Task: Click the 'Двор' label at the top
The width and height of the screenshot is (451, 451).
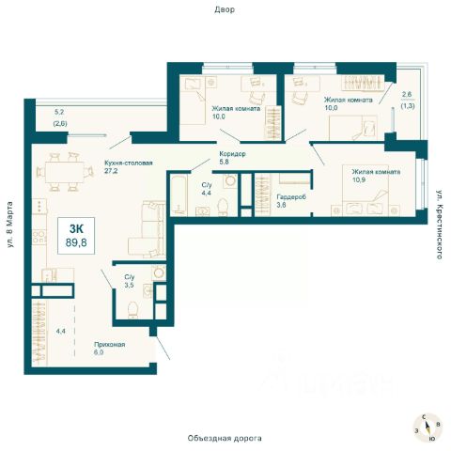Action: (225, 9)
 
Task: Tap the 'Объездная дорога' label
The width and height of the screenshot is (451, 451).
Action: (225, 438)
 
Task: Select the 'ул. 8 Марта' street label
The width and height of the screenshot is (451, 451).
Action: (10, 225)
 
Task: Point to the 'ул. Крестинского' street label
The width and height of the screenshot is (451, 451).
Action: (440, 225)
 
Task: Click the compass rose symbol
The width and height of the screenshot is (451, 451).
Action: (428, 428)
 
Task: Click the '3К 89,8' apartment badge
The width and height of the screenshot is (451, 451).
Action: (76, 236)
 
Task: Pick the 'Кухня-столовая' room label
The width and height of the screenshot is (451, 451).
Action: (129, 163)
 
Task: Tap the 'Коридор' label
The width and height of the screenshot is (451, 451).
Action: (232, 154)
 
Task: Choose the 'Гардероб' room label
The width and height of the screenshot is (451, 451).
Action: (291, 197)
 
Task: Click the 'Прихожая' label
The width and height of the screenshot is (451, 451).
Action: (110, 345)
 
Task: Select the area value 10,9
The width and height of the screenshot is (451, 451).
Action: (359, 180)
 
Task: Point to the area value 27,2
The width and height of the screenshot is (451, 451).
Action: (111, 171)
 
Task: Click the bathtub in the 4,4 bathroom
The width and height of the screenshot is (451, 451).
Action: (179, 194)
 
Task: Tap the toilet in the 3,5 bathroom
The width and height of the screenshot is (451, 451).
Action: (132, 310)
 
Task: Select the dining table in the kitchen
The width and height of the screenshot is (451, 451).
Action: (65, 172)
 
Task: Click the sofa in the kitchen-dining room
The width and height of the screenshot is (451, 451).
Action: (148, 228)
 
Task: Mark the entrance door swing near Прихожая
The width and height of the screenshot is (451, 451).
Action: (163, 348)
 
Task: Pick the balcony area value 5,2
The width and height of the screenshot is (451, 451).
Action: (59, 112)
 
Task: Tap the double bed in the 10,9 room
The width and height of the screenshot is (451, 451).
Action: (365, 190)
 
